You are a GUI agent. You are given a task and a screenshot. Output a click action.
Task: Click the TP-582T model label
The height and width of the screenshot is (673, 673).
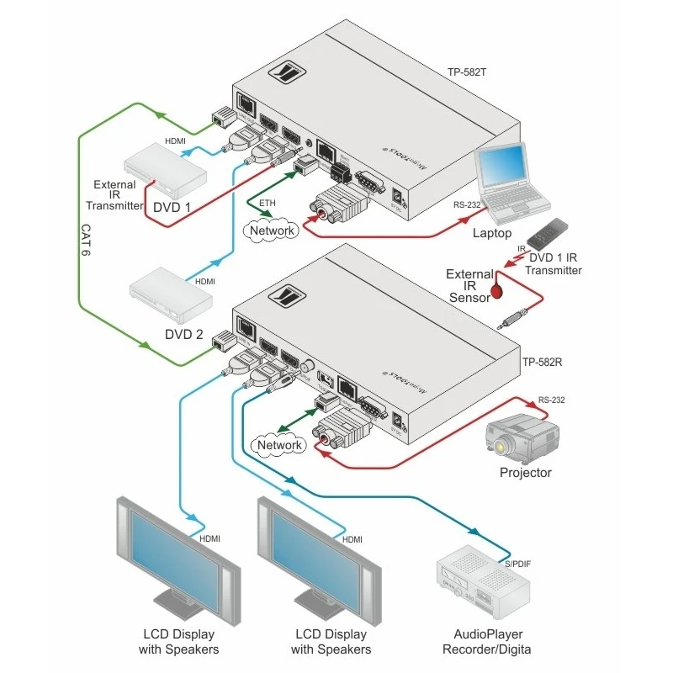click(x=468, y=72)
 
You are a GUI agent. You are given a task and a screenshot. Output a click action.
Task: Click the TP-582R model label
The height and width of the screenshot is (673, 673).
click(x=542, y=363)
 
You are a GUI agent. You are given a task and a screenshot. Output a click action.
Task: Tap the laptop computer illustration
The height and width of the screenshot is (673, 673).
click(x=511, y=181)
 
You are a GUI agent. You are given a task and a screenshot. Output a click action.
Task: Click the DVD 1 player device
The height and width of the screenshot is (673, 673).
click(x=165, y=168)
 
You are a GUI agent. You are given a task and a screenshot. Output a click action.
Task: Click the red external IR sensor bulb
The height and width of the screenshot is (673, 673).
click(x=498, y=291)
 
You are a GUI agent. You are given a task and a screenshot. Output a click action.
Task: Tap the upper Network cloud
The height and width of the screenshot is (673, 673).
click(x=269, y=230)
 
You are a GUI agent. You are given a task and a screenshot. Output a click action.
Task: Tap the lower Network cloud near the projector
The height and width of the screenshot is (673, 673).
click(x=278, y=444)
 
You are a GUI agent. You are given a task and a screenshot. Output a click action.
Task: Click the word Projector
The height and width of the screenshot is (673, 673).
click(x=525, y=473)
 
